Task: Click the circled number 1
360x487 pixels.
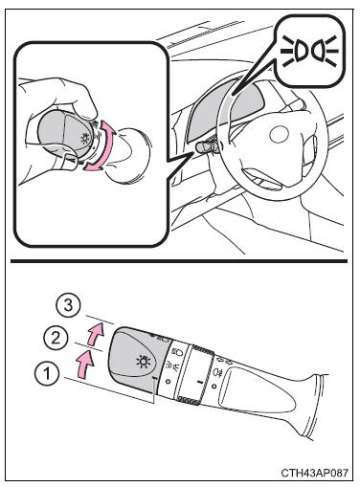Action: (47, 373)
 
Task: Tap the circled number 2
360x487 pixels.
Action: (56, 338)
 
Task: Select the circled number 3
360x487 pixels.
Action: (68, 305)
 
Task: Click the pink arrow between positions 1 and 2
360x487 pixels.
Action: (84, 364)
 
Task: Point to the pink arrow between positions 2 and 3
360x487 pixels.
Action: (96, 334)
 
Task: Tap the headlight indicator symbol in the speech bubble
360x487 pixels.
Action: (309, 52)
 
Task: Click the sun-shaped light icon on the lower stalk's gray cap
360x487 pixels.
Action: (143, 362)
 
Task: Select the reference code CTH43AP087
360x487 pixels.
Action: (314, 473)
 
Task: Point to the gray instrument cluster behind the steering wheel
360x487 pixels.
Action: (223, 108)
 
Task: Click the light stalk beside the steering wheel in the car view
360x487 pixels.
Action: (208, 147)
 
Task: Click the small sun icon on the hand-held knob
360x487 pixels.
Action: (85, 139)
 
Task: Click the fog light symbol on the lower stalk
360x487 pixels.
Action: (218, 372)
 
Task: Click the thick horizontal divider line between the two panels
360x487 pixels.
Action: (179, 261)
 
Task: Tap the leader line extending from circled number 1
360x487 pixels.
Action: (108, 390)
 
